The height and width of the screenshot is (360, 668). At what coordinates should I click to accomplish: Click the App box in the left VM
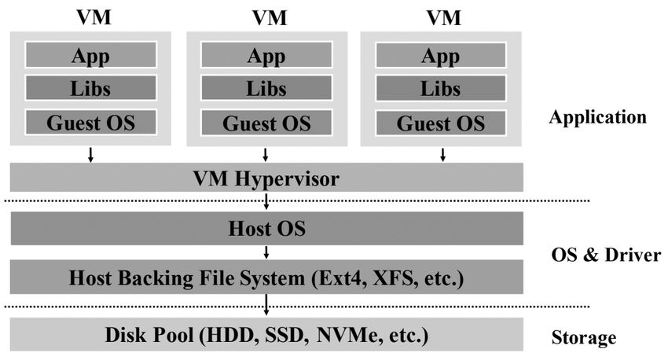pyautogui.click(x=90, y=56)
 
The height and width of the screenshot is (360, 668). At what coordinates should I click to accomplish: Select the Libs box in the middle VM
pyautogui.click(x=266, y=89)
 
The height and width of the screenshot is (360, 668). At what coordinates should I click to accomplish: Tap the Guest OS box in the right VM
pyautogui.click(x=440, y=123)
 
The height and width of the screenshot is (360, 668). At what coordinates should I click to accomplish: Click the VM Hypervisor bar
pyautogui.click(x=266, y=178)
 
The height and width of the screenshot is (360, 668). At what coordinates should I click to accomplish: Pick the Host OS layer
pyautogui.click(x=266, y=229)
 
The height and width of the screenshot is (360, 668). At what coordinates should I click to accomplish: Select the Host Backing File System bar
pyautogui.click(x=266, y=277)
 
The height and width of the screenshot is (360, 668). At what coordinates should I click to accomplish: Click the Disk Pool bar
pyautogui.click(x=266, y=336)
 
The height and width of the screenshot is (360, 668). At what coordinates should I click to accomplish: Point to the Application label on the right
pyautogui.click(x=598, y=118)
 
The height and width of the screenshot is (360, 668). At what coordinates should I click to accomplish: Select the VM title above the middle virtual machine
pyautogui.click(x=268, y=17)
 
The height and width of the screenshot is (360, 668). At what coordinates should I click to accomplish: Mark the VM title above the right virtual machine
pyautogui.click(x=443, y=17)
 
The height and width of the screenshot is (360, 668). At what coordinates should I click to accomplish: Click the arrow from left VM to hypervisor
pyautogui.click(x=90, y=154)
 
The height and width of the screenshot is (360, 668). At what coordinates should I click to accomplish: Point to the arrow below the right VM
pyautogui.click(x=443, y=154)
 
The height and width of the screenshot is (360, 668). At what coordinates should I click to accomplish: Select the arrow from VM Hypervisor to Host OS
pyautogui.click(x=267, y=201)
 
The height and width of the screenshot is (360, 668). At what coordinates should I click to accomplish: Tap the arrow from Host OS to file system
pyautogui.click(x=267, y=252)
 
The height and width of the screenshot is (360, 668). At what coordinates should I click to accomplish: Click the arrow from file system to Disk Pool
pyautogui.click(x=267, y=305)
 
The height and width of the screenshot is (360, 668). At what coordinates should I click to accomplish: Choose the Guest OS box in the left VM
pyautogui.click(x=90, y=123)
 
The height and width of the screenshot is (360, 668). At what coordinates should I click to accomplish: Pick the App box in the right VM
pyautogui.click(x=440, y=56)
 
